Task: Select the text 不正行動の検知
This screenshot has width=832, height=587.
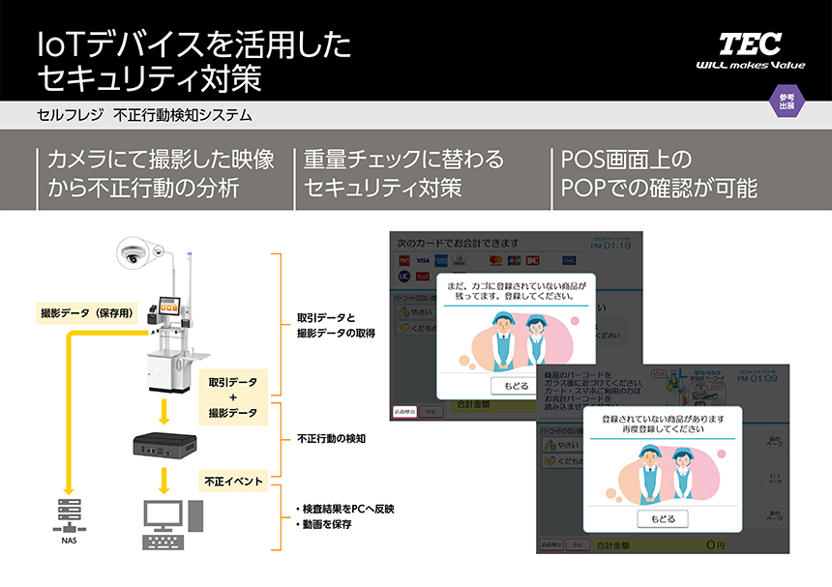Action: (330, 439)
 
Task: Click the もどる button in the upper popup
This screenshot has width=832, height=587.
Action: (516, 385)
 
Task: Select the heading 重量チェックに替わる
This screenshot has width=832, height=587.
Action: (403, 159)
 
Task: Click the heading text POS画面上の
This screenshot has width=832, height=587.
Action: (627, 159)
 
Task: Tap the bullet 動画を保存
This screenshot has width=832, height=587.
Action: (325, 524)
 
